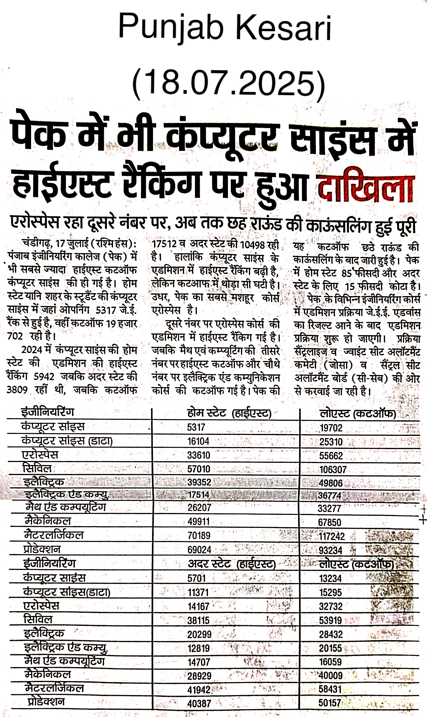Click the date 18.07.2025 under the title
point(228,83)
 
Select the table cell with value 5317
point(196,427)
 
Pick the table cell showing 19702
point(331,428)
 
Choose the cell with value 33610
point(199,455)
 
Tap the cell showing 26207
point(199,507)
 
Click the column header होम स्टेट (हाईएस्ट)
point(229,413)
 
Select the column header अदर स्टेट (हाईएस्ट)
point(232,564)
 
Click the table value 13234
point(330,578)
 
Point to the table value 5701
point(197,578)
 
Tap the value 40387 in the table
point(199,704)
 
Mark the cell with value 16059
point(330,662)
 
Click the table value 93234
point(330,550)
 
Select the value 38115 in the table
point(198,620)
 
